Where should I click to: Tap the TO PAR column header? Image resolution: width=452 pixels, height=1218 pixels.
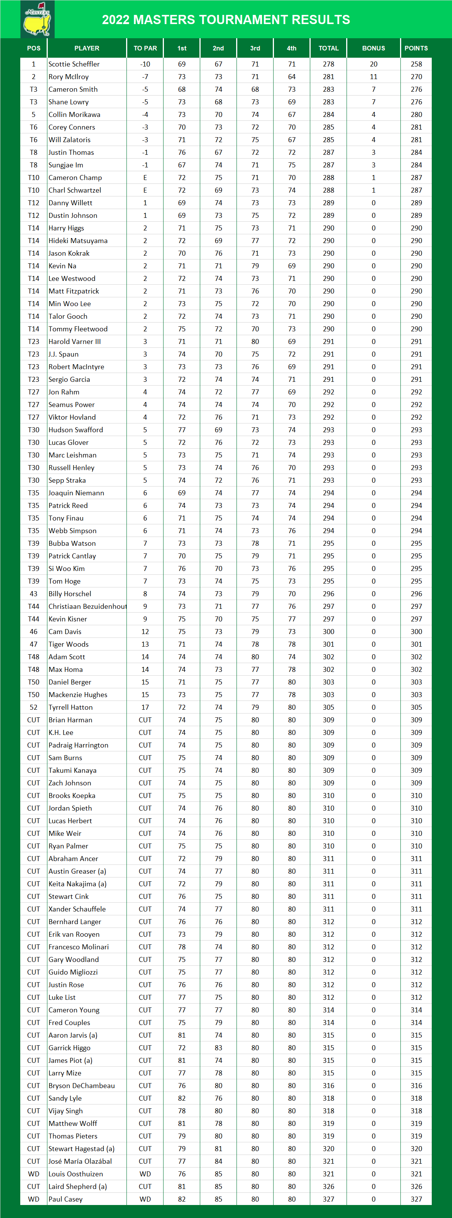pyautogui.click(x=145, y=48)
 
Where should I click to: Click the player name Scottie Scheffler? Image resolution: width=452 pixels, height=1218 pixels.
pyautogui.click(x=74, y=64)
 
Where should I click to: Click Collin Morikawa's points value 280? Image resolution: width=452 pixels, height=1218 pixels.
pyautogui.click(x=416, y=114)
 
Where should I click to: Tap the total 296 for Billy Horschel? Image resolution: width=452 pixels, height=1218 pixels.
pyautogui.click(x=328, y=594)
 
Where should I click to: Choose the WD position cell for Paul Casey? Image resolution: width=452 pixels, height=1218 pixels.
pyautogui.click(x=34, y=1199)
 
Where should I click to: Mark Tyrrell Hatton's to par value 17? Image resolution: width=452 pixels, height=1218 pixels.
pyautogui.click(x=145, y=707)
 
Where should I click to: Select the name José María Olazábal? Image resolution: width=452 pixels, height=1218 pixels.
pyautogui.click(x=80, y=1161)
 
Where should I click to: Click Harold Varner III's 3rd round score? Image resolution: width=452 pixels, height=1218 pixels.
pyautogui.click(x=255, y=341)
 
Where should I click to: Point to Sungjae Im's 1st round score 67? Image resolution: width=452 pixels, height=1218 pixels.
pyautogui.click(x=181, y=165)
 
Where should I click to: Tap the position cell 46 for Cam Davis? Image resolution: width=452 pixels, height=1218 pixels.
pyautogui.click(x=34, y=632)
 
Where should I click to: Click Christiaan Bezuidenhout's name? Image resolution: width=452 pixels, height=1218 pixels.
pyautogui.click(x=87, y=606)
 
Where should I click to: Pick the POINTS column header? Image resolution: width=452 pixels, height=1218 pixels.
pyautogui.click(x=416, y=48)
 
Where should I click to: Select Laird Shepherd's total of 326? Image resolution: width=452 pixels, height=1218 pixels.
pyautogui.click(x=328, y=1186)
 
